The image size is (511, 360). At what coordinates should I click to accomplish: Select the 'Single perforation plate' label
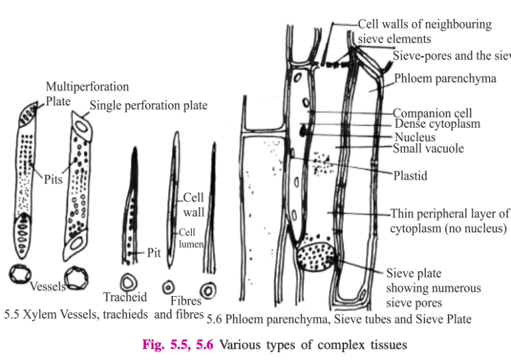click(x=148, y=105)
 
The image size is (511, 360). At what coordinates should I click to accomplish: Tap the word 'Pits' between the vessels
click(x=53, y=180)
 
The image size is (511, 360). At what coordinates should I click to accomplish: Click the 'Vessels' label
click(x=47, y=287)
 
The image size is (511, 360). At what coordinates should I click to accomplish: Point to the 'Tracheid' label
click(x=125, y=297)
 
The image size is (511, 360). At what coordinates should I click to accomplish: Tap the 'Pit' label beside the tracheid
click(x=154, y=253)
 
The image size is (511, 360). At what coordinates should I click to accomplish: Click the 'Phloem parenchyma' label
click(x=444, y=79)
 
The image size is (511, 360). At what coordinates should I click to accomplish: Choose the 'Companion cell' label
click(x=432, y=113)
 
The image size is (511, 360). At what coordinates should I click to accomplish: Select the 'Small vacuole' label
click(x=429, y=148)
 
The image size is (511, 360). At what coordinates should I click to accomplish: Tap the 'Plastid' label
click(x=410, y=176)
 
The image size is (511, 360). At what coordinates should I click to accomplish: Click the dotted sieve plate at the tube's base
click(x=317, y=255)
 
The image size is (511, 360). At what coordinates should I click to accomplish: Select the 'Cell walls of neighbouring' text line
click(x=425, y=25)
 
